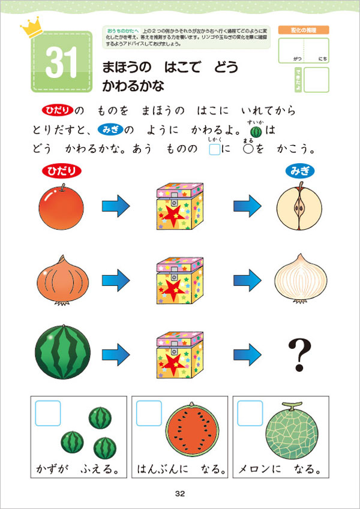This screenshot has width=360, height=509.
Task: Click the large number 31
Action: coord(61,65)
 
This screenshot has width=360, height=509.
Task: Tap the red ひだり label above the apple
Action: coord(60,171)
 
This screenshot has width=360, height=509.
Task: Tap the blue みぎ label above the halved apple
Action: coord(300,171)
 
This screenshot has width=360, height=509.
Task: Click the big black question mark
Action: coord(299,354)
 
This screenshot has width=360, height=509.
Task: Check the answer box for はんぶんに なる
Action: coord(148,413)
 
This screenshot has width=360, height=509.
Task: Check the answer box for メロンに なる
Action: coord(250,413)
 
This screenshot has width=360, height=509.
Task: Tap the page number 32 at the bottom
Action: coord(180,493)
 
